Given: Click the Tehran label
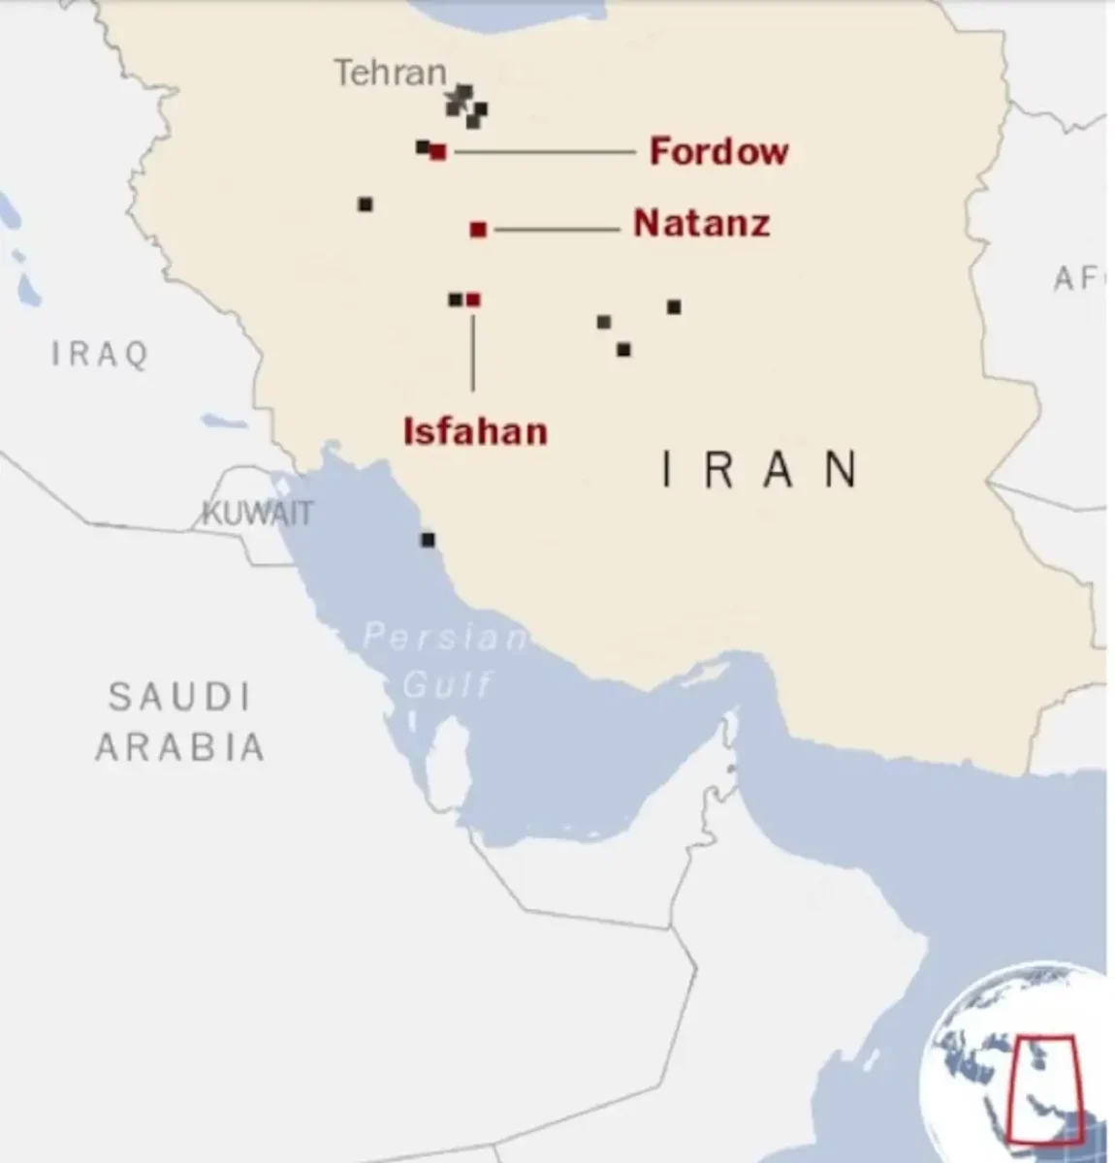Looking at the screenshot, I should click(x=390, y=73).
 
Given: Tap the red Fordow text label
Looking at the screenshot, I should click(x=718, y=151).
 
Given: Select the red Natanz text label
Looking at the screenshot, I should click(x=702, y=224).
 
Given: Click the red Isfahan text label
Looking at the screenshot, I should click(x=475, y=430).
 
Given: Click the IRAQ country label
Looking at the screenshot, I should click(x=101, y=354).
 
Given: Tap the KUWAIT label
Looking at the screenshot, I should click(x=257, y=512).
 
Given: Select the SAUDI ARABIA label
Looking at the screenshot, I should click(x=179, y=722).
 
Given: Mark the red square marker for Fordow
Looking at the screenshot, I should click(x=438, y=152).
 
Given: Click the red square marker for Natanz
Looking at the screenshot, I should click(x=478, y=230).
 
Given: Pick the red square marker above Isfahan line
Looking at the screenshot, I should click(x=473, y=300).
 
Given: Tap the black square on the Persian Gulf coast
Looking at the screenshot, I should click(x=428, y=540).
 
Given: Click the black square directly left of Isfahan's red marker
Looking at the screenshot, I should click(x=455, y=300).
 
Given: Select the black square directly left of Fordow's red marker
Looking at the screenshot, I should click(x=423, y=147).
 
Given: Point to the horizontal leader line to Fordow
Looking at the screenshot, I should click(x=543, y=152).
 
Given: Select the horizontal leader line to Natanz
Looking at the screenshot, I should click(x=557, y=230).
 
